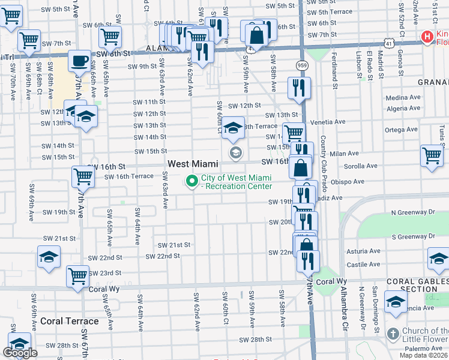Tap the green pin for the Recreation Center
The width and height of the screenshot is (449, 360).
point(192,181)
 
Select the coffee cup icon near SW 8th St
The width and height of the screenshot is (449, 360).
point(79,61)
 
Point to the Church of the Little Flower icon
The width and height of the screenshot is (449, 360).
point(393,334)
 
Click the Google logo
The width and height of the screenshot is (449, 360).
point(20,353)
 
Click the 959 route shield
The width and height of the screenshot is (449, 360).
point(302,64)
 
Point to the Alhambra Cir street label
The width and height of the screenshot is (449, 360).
point(345,312)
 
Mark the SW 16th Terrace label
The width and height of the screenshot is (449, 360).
point(128,176)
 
